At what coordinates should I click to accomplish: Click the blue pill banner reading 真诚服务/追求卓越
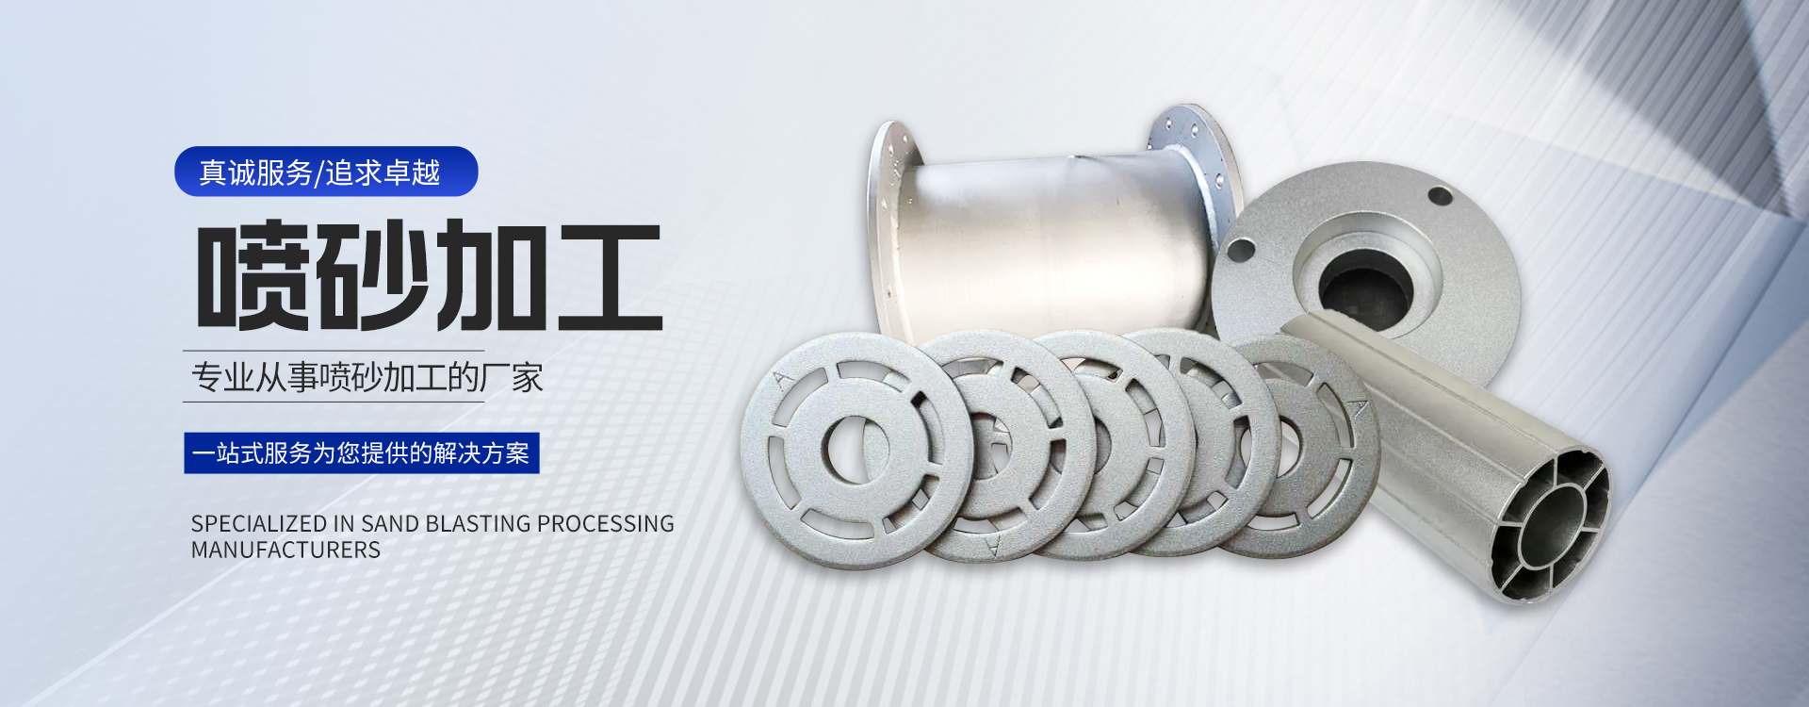(326, 172)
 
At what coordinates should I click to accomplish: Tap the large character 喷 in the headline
(253, 274)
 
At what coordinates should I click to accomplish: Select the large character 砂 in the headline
(370, 274)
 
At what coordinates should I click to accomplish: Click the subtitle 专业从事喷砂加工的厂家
(367, 377)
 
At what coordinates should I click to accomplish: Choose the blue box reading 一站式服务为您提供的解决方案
(362, 453)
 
